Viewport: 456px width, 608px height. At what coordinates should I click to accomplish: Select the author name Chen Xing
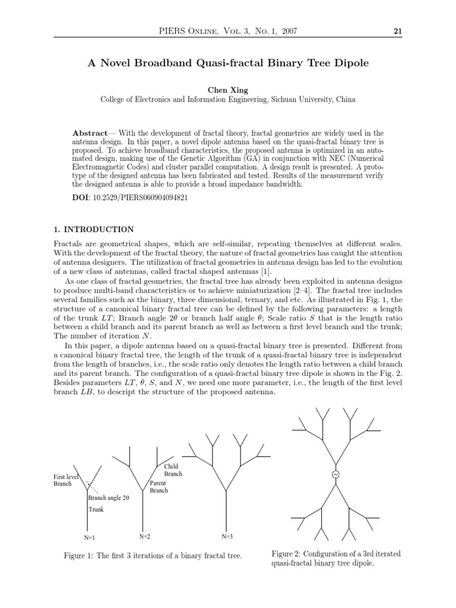(227, 89)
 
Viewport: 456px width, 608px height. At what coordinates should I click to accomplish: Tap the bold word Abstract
(90, 133)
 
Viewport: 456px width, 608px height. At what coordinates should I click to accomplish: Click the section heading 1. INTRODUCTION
(93, 230)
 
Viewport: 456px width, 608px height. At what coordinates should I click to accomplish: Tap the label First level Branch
(66, 480)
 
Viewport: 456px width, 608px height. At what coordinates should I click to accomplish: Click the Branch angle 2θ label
(108, 498)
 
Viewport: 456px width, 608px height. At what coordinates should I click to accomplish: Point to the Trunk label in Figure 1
(96, 509)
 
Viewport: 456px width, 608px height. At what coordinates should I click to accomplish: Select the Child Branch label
(173, 470)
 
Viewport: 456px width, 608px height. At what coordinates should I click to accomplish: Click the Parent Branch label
(159, 486)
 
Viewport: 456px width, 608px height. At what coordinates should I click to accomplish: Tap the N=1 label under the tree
(90, 537)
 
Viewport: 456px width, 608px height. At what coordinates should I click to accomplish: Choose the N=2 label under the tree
(145, 536)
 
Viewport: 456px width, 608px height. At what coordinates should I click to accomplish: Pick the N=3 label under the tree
(227, 536)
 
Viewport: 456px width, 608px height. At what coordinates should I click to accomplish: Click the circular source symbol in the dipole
(335, 475)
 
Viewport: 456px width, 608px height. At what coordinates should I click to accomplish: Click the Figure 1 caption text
(153, 556)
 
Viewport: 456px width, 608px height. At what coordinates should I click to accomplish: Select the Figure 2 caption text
(335, 559)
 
